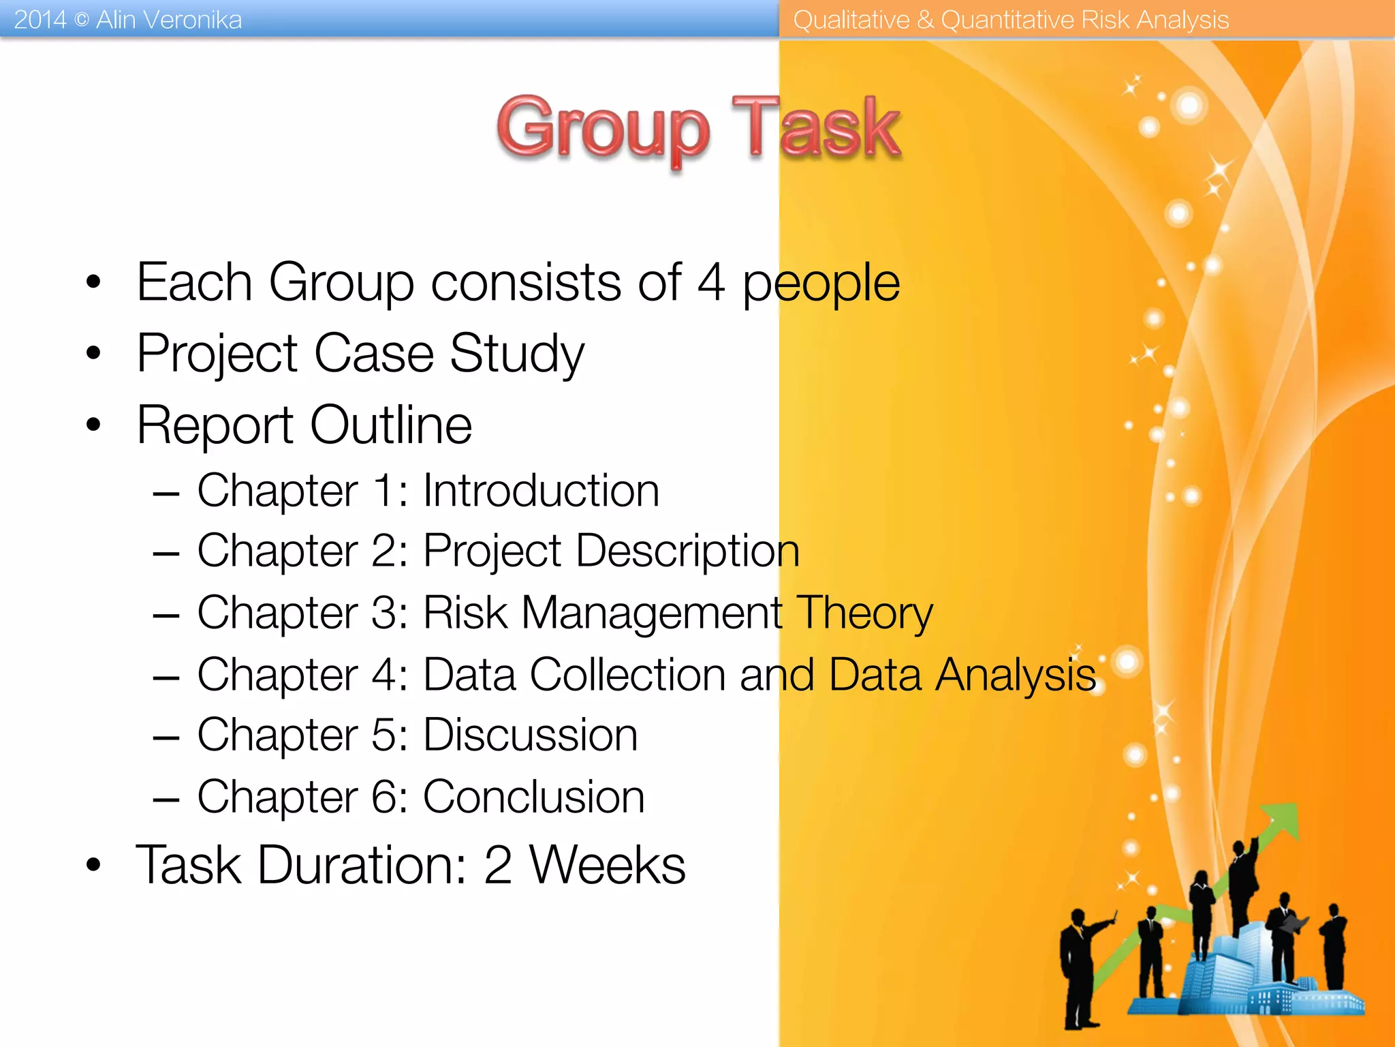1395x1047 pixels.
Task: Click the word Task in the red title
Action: (816, 127)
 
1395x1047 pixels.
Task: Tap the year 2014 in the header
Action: (40, 20)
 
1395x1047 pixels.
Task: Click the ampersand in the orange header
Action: (924, 20)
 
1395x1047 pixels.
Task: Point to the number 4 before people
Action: (711, 282)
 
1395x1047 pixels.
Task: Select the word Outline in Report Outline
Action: (391, 425)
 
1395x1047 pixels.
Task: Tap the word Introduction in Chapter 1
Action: (541, 490)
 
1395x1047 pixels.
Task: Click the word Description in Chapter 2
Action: (687, 551)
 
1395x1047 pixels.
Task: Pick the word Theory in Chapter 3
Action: (864, 613)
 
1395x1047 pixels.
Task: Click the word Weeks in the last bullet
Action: (607, 864)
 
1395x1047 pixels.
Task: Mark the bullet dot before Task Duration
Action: (93, 865)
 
